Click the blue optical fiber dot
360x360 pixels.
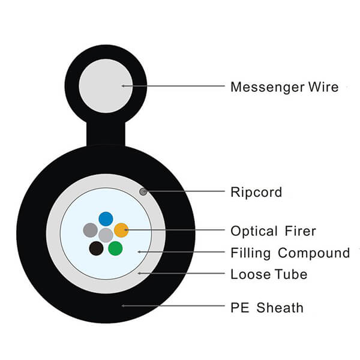click(106, 219)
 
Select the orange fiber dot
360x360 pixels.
click(121, 229)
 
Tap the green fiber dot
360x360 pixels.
click(115, 248)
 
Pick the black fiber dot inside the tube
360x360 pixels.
click(96, 248)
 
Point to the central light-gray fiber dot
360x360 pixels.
click(106, 234)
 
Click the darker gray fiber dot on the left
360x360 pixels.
click(90, 229)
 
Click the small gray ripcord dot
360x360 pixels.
click(143, 191)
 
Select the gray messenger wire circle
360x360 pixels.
click(106, 86)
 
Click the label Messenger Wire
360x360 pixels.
click(284, 87)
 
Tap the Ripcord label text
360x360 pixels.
click(256, 193)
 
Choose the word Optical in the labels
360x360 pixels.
click(254, 231)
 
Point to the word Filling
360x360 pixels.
click(250, 253)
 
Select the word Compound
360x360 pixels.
click(313, 253)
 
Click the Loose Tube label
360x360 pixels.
click(269, 275)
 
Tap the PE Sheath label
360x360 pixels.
click(267, 308)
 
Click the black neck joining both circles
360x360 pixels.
click(106, 133)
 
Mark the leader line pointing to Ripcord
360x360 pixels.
click(186, 192)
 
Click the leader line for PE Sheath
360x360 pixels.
click(174, 307)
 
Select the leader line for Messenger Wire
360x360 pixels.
click(174, 86)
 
